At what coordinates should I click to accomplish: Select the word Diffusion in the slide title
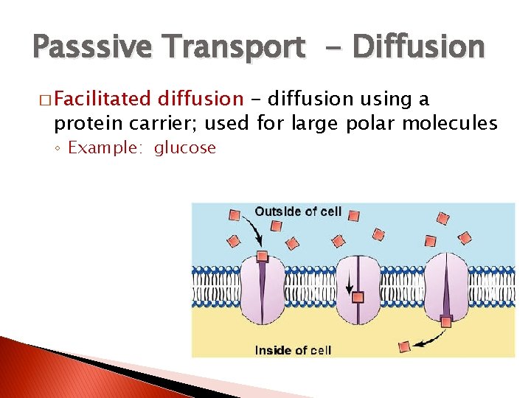419,48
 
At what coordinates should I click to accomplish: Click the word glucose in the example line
185,148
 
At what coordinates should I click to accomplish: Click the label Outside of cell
298,212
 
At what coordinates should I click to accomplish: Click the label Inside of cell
293,350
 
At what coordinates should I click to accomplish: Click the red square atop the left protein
262,256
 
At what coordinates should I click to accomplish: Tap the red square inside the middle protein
358,297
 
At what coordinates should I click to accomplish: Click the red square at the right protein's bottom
446,321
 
